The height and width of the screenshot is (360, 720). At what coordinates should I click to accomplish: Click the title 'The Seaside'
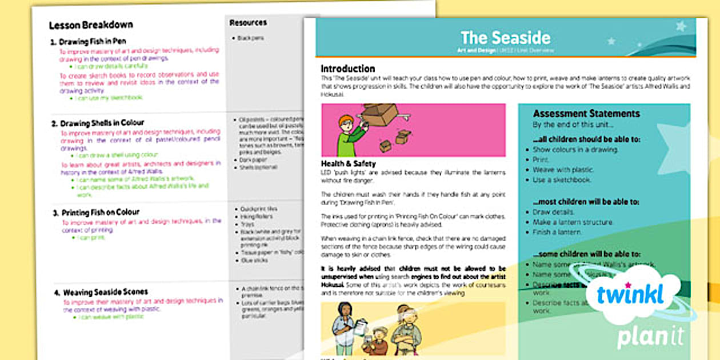[x=505, y=38]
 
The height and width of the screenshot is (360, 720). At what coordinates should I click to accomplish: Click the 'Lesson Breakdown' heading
[x=91, y=25]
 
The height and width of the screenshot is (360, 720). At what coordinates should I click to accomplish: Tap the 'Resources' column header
[x=248, y=23]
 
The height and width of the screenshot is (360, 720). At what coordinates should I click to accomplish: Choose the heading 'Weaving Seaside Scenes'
[x=105, y=292]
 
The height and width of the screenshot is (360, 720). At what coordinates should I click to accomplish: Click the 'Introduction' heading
[x=347, y=69]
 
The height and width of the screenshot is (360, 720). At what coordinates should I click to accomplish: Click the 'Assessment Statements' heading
[x=586, y=113]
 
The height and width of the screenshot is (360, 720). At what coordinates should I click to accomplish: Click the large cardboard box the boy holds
[x=379, y=114]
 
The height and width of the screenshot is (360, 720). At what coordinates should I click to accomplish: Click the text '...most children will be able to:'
[x=578, y=202]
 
